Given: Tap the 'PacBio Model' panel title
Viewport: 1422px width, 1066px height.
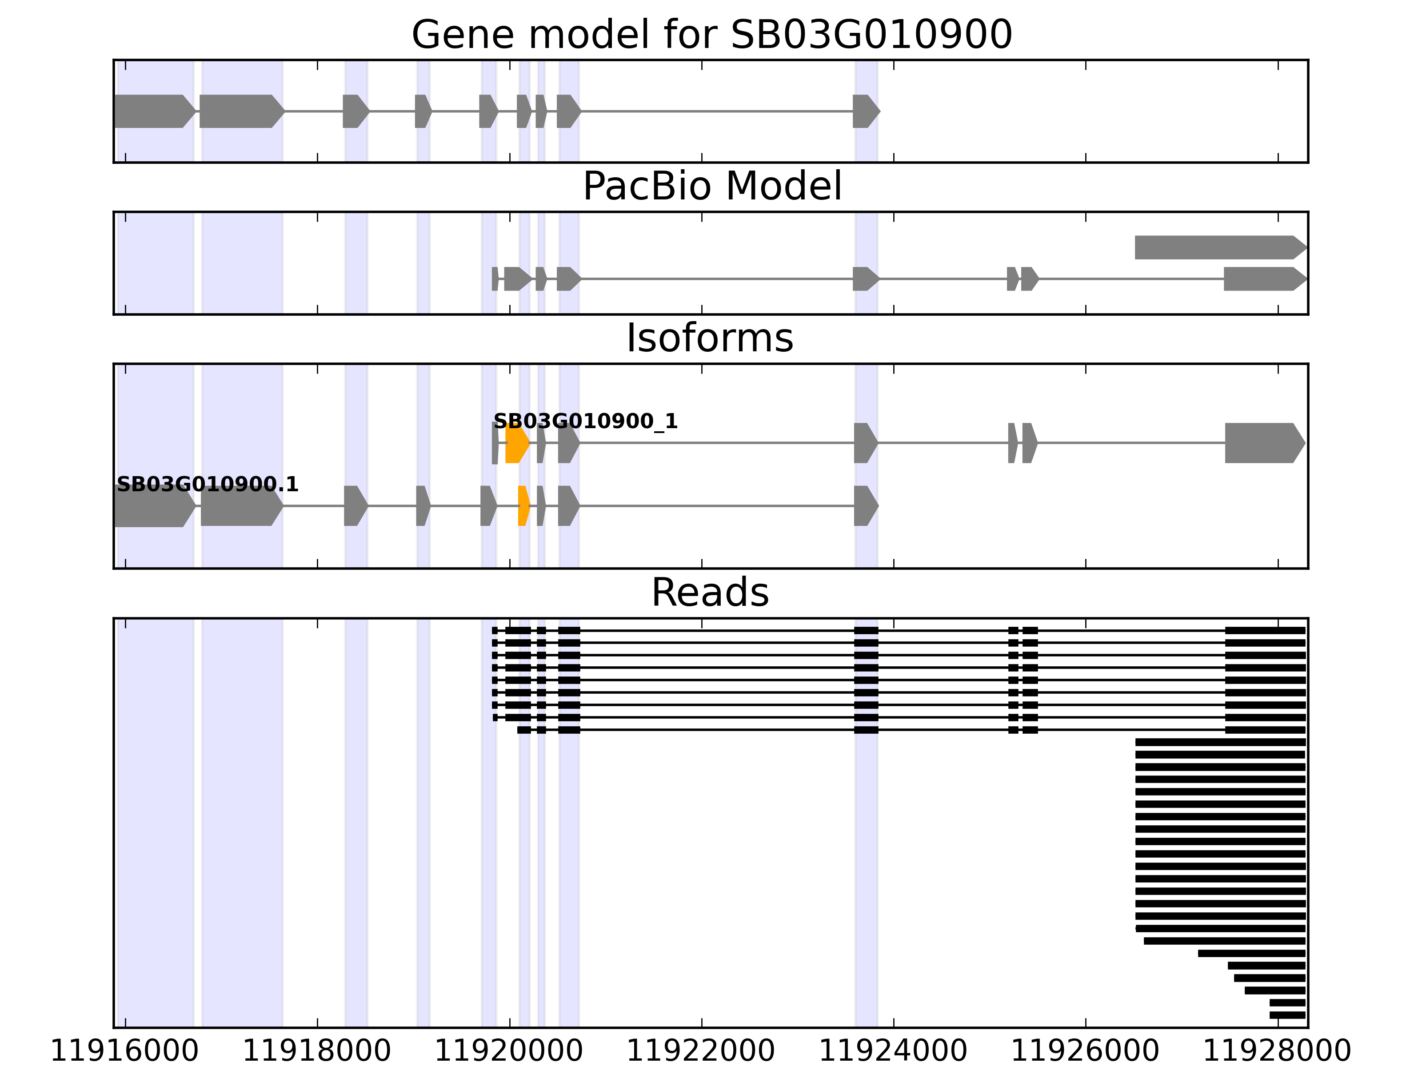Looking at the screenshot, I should pos(711,187).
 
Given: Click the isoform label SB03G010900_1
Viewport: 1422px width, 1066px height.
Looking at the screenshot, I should pos(585,422).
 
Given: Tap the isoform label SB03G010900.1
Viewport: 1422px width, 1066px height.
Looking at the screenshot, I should pos(208,485).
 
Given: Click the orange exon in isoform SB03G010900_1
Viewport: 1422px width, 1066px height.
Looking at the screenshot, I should pos(516,443).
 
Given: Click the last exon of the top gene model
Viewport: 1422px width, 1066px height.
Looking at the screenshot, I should pos(865,111).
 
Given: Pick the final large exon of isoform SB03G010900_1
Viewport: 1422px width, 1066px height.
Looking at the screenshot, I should pos(1263,443).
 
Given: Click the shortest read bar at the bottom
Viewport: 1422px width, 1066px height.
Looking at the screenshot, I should pos(1287,1015).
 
